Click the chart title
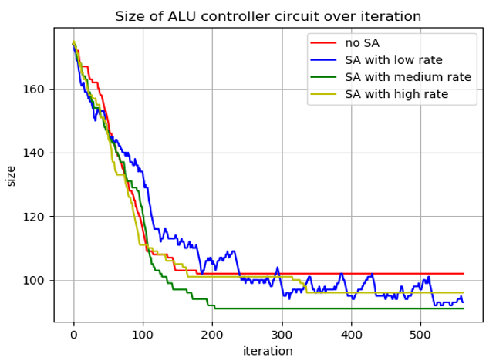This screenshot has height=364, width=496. tap(268, 16)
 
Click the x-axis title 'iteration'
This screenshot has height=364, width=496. tap(268, 352)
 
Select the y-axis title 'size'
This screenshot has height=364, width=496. tap(11, 175)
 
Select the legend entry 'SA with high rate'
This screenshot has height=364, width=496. tap(396, 95)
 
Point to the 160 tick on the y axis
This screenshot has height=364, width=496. tap(37, 89)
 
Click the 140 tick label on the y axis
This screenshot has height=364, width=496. tap(37, 153)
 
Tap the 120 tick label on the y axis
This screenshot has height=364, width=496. tap(37, 217)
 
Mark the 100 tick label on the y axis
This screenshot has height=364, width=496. tap(37, 280)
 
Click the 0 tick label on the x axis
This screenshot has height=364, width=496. tap(73, 335)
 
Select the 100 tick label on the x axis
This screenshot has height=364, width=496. tap(143, 335)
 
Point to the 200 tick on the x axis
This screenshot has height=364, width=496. tap(212, 335)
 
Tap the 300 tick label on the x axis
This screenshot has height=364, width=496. tap(282, 335)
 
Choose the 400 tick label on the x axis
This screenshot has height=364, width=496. tap(351, 335)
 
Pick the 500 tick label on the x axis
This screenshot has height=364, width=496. tap(420, 335)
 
